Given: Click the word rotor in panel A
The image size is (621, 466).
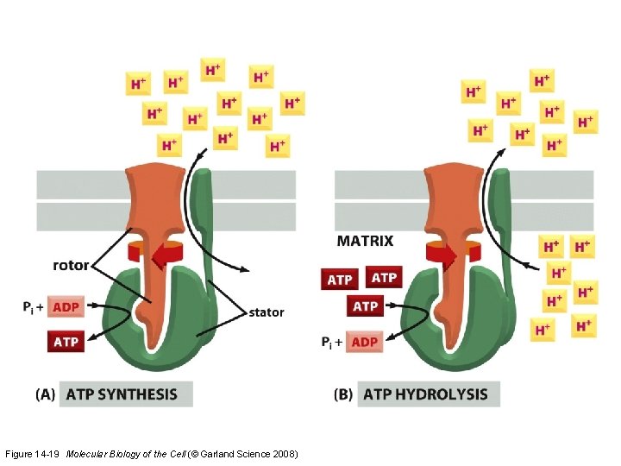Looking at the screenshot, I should point(71,265).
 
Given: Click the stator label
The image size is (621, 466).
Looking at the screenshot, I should point(265,312).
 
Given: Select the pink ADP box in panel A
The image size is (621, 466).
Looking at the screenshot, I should point(66,307).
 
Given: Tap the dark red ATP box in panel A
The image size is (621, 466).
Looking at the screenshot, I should point(66,342).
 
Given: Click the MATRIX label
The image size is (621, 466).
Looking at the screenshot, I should point(365,241).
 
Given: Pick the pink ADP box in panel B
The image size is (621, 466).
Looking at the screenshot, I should point(365,342).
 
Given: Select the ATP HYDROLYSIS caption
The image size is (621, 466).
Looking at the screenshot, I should point(426,394).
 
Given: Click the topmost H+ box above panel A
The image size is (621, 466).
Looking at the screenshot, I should point(213,69).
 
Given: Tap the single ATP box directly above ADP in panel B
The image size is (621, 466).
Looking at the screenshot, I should point(366,306).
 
